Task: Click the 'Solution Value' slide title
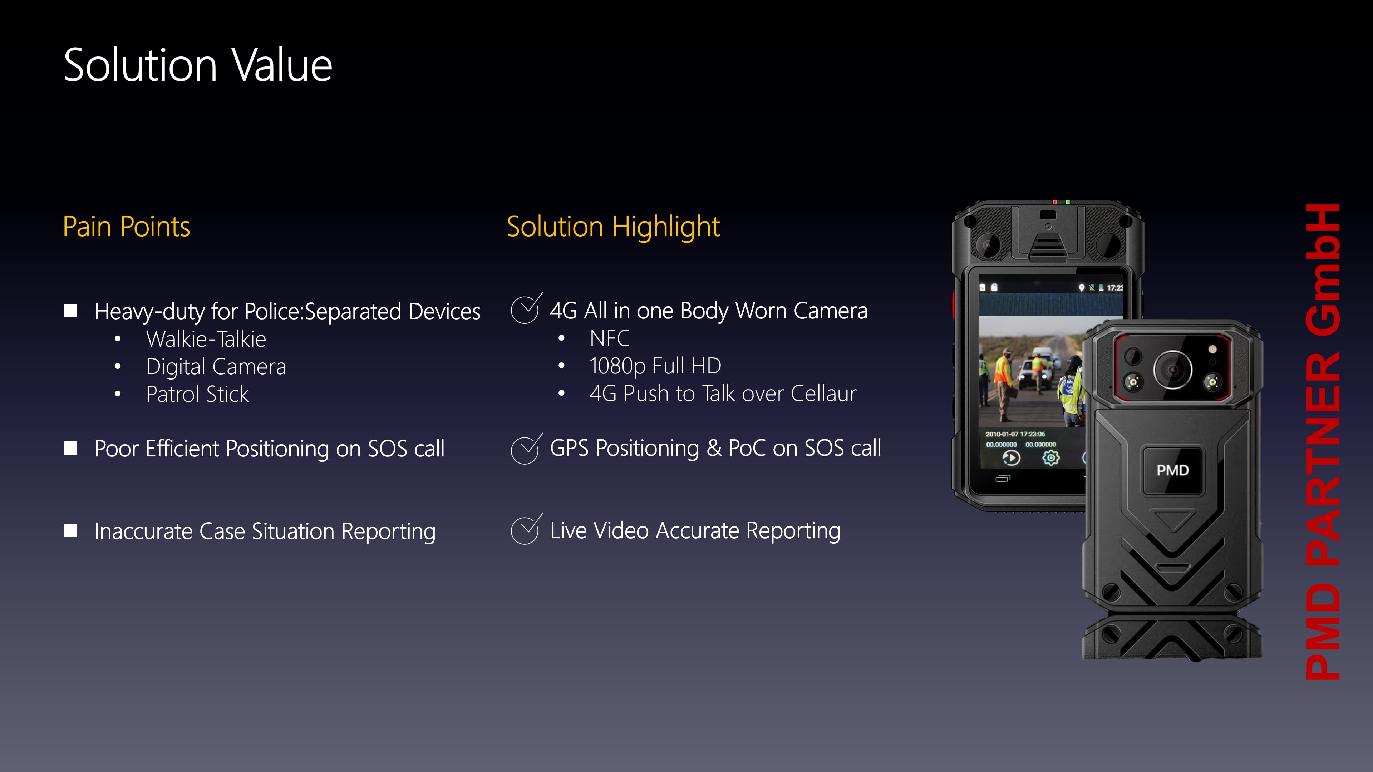click(198, 65)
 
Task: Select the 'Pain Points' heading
click(126, 227)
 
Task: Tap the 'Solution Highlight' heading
click(613, 227)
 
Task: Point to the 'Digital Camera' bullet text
click(216, 367)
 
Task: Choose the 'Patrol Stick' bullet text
click(197, 394)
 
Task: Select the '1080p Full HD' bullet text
click(655, 366)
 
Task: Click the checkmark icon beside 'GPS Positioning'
click(526, 449)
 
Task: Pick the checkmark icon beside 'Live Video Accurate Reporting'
click(526, 530)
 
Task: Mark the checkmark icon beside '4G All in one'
click(526, 308)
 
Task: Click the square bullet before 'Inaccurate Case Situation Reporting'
click(70, 531)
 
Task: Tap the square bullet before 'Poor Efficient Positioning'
click(70, 448)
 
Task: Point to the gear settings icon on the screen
click(1050, 457)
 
